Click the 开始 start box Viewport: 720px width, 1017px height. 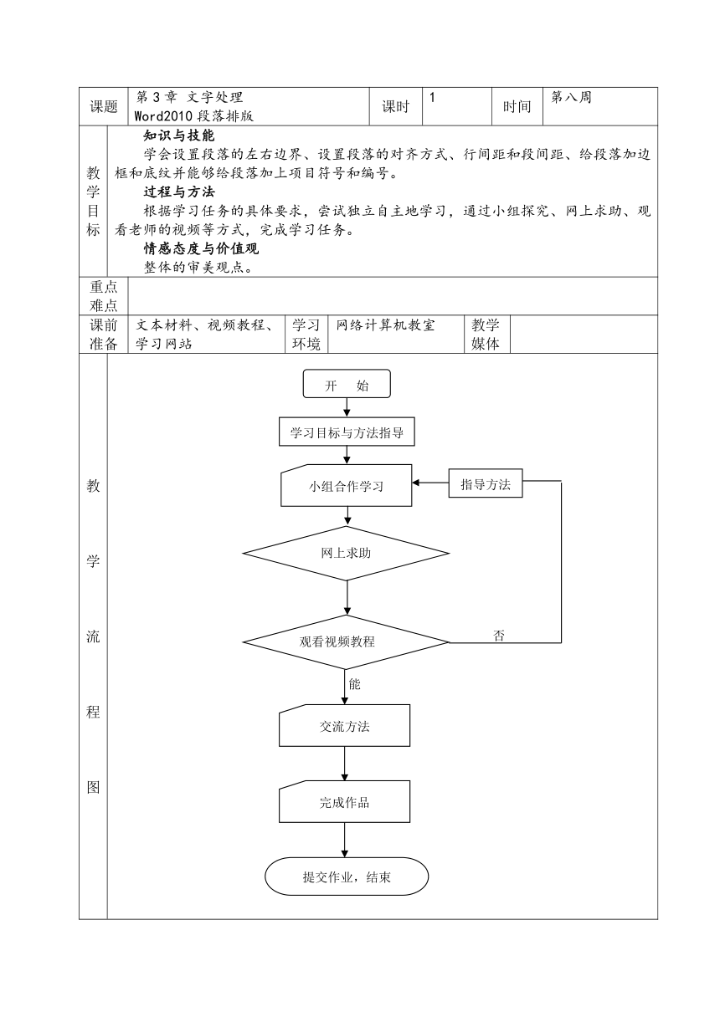[x=347, y=384]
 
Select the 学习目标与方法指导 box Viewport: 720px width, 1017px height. [x=347, y=432]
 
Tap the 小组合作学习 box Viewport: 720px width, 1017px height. [x=347, y=485]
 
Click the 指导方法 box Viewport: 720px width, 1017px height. [x=486, y=483]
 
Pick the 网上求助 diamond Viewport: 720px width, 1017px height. [x=346, y=553]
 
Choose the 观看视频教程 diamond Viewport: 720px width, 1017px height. [x=346, y=642]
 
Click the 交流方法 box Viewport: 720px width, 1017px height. [x=345, y=725]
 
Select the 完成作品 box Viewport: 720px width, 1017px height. [x=345, y=802]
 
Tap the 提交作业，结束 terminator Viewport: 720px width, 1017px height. [x=347, y=876]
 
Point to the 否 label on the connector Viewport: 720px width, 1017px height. [x=499, y=635]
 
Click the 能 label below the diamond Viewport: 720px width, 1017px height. [x=354, y=684]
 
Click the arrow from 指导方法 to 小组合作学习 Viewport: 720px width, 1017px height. [x=430, y=483]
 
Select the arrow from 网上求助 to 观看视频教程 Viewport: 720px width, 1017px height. [x=347, y=597]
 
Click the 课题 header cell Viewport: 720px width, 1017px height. [x=104, y=106]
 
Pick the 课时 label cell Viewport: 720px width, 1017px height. [x=395, y=106]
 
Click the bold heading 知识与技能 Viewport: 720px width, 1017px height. [x=179, y=135]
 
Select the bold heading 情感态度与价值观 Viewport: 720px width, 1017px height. [x=201, y=248]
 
